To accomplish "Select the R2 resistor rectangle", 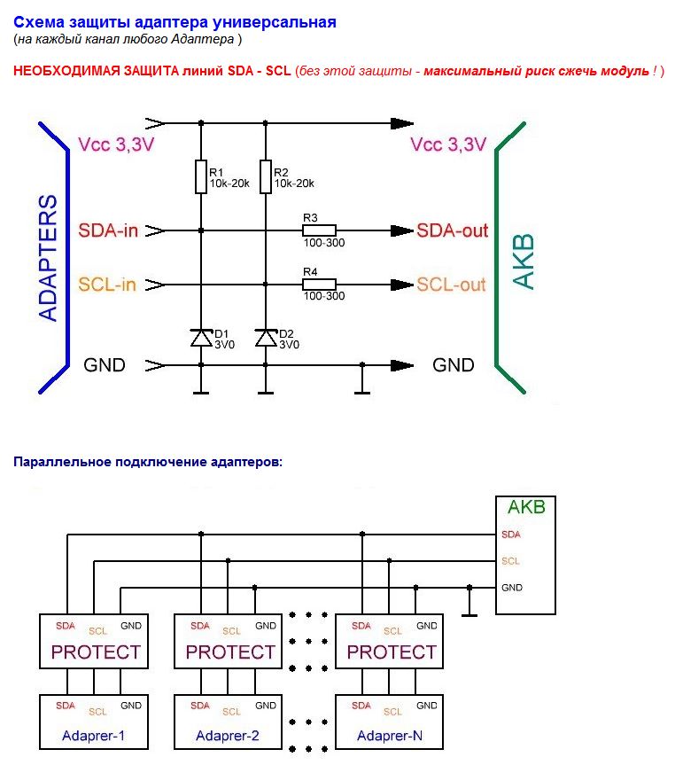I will (266, 176).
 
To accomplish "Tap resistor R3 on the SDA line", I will (318, 230).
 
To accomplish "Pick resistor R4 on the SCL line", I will (318, 285).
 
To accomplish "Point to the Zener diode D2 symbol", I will (266, 338).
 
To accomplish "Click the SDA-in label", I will (108, 230).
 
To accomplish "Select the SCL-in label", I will (108, 285).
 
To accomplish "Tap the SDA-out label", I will (453, 230).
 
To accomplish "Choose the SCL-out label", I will (452, 285).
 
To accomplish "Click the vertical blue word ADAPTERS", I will (49, 257).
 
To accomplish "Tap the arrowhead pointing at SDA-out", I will (403, 230).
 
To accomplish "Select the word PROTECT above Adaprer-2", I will (230, 652).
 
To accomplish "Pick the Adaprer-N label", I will (389, 736).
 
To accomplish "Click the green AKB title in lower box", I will (526, 508).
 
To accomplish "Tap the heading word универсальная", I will (279, 22).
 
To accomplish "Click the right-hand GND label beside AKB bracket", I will (453, 364).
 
